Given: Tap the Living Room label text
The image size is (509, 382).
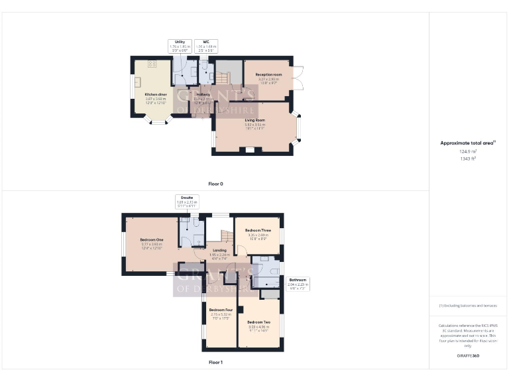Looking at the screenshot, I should pos(254,120).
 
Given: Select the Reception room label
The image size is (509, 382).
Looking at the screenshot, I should pos(268,75).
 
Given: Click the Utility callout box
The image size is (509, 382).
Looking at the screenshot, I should pos(180,46).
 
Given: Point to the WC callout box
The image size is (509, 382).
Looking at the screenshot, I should pos(206,46).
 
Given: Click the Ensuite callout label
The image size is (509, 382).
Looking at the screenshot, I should pos(186,202).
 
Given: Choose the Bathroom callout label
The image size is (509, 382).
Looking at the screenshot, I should pos(298,283).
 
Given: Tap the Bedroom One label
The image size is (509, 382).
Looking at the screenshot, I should pos(152,239).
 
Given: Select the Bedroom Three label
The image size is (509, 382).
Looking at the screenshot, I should pos(257,229).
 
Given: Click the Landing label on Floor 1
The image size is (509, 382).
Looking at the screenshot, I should pos(219,250).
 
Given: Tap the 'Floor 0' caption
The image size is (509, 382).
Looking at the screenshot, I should pos(215,184).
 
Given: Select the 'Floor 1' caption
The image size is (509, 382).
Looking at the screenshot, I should pos(215,362).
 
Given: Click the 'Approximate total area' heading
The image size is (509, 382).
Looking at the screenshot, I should pos(468,143).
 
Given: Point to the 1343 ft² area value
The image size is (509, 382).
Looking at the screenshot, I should pos(468,159).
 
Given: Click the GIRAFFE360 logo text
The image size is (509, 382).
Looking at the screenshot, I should pos(468,356).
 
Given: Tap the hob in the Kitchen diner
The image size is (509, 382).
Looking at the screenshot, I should pos(151,64).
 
